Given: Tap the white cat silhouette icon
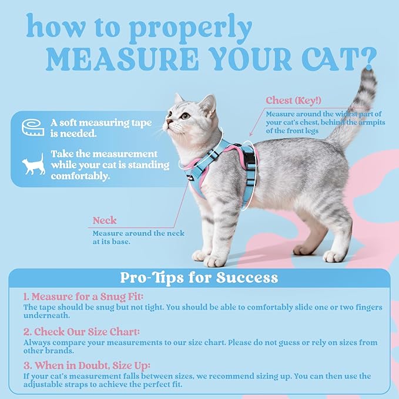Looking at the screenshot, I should coord(32,165).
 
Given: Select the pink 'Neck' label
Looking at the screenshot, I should coord(105,221).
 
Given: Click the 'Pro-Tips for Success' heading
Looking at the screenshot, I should coord(199,277).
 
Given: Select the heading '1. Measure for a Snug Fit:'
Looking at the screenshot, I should coord(83,297).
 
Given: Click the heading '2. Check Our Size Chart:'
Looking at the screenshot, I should coord(83,331).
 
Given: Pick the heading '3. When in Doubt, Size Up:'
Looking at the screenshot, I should coord(87,366).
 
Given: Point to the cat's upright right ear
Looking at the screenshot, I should coord(207,106).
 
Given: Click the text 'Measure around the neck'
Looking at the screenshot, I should coord(138,233).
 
